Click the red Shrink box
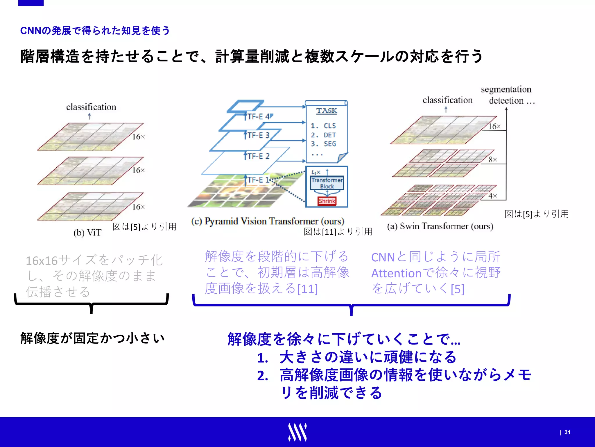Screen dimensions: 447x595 pyautogui.click(x=327, y=201)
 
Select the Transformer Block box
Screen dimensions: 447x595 pyautogui.click(x=327, y=183)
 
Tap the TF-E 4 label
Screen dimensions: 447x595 pyautogui.click(x=259, y=117)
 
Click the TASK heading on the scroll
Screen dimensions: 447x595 pyautogui.click(x=327, y=111)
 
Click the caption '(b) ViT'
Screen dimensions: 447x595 pyautogui.click(x=87, y=233)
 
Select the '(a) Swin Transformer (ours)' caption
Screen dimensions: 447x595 pyautogui.click(x=440, y=226)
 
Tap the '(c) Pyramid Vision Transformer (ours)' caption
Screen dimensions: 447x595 pyautogui.click(x=268, y=221)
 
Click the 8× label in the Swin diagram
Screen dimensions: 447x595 pyautogui.click(x=493, y=159)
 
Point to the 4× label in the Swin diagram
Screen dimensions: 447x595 pyautogui.click(x=493, y=196)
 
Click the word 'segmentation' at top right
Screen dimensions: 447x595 pyautogui.click(x=506, y=89)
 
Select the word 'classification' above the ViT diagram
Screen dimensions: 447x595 pyautogui.click(x=91, y=107)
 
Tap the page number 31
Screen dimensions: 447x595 pyautogui.click(x=567, y=432)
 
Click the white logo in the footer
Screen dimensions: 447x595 pyautogui.click(x=297, y=432)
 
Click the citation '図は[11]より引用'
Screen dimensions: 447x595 pyautogui.click(x=338, y=232)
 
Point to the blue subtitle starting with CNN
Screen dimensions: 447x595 pyautogui.click(x=95, y=30)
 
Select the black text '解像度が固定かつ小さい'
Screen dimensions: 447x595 pyautogui.click(x=92, y=338)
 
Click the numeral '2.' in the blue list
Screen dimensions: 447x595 pyautogui.click(x=262, y=376)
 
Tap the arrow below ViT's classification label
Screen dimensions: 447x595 pyautogui.click(x=89, y=116)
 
